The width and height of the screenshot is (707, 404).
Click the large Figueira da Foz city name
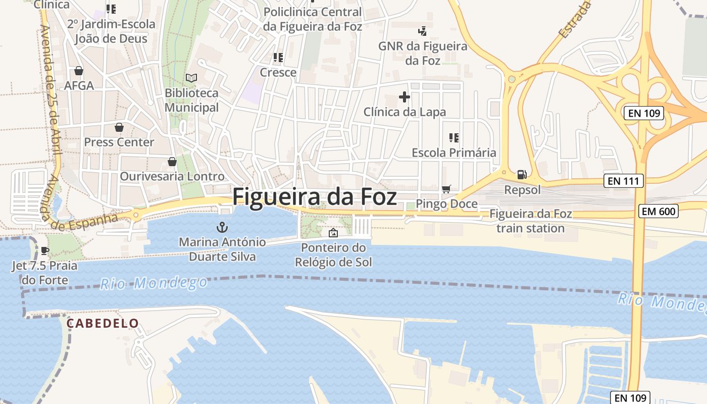pos(315,196)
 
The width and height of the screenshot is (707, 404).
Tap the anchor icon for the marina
pos(222,227)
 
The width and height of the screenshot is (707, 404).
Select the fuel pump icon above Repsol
pos(522,175)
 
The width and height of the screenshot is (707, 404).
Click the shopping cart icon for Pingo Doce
pos(446,189)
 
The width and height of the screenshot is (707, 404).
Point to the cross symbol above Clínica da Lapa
pos(404,96)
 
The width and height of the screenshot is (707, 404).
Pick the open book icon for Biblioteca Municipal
pos(191,78)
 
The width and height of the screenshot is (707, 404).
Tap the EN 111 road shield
pos(624,181)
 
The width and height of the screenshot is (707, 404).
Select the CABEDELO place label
pos(103,323)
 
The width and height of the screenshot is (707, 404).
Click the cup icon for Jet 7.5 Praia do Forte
pos(44,250)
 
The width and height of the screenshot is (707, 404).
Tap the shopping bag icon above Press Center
pos(119,127)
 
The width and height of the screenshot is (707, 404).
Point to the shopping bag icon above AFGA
pos(78,71)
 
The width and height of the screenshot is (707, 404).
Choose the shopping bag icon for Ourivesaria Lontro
pos(172,162)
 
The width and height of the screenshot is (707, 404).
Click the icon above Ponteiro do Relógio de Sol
pos(333,233)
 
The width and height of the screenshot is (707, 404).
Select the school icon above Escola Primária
pos(453,137)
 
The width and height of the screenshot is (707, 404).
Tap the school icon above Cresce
pos(278,58)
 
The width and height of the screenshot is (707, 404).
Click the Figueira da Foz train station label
pos(530,221)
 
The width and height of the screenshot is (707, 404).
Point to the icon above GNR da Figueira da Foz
pos(423,31)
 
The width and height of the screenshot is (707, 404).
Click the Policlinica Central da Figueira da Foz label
pos(313,19)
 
